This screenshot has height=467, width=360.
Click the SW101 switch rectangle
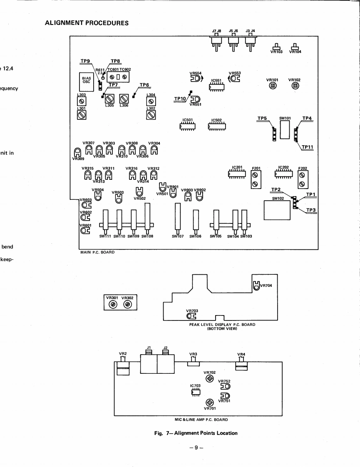(284, 130)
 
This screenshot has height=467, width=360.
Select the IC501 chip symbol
(188, 126)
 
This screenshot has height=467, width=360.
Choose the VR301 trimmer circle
(113, 304)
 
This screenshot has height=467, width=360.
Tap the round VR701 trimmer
(210, 402)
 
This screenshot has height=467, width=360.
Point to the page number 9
(197, 449)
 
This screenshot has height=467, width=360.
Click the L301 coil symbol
(82, 117)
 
